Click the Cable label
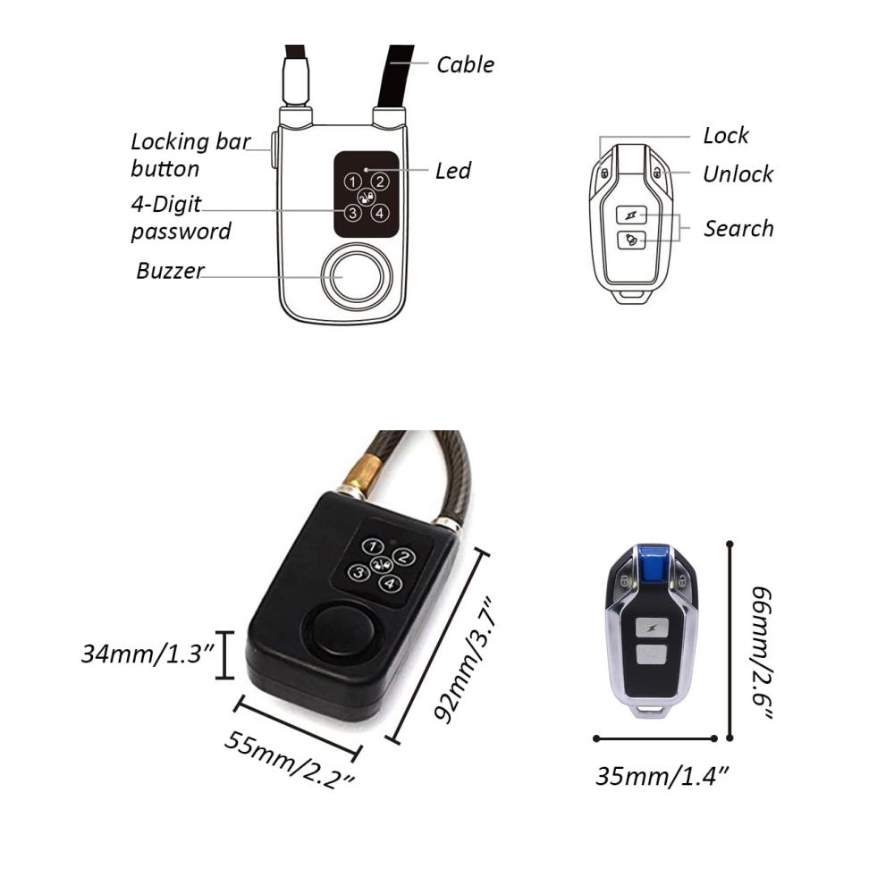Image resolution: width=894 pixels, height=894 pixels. [x=465, y=64]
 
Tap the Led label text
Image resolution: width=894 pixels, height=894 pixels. [x=453, y=171]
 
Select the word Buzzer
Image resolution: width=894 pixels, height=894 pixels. [x=170, y=270]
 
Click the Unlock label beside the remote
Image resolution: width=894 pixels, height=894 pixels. [x=738, y=174]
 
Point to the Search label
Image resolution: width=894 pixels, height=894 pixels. [x=739, y=228]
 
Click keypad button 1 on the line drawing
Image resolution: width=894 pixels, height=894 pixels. [x=352, y=181]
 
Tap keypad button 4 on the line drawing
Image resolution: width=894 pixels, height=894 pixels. [x=380, y=214]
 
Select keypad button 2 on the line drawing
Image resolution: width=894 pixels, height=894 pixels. [x=380, y=181]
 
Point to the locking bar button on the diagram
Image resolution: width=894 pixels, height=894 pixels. [x=274, y=150]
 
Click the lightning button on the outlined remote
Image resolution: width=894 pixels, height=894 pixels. [x=631, y=215]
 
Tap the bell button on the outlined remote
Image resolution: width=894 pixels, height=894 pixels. [x=631, y=240]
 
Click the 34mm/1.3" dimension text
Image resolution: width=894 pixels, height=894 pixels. [x=148, y=654]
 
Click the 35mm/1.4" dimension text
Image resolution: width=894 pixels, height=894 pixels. [x=662, y=776]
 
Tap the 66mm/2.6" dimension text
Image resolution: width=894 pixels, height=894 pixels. [x=763, y=653]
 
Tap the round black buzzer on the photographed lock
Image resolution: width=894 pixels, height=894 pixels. [x=340, y=630]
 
